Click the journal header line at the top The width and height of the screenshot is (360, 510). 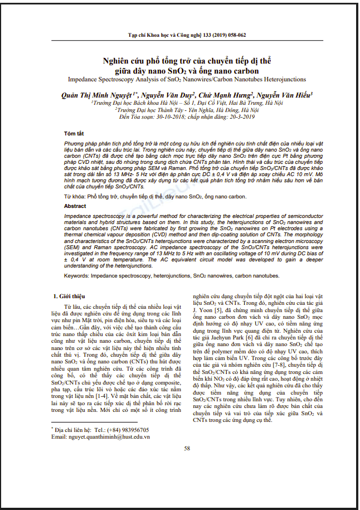tap(187, 34)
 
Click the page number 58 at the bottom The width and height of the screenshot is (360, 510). tap(187, 448)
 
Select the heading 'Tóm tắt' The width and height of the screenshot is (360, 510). tap(74, 134)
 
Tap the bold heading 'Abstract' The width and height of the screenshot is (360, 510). tap(75, 206)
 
